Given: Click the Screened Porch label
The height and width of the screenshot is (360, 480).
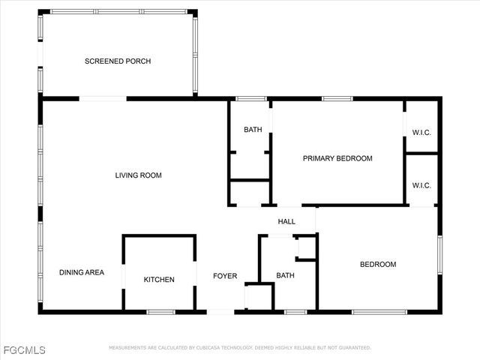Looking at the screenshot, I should tap(118, 61).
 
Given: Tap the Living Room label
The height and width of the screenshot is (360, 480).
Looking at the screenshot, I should tap(138, 175).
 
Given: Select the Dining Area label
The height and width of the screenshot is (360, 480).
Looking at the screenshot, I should tap(82, 272).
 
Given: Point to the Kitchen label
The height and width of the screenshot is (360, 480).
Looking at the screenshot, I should tap(159, 280).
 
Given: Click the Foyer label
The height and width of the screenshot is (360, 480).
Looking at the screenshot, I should tap(225, 276).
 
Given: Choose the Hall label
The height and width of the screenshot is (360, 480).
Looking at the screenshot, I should tap(286, 222).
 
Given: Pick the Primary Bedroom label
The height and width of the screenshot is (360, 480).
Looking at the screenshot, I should tap(337, 158).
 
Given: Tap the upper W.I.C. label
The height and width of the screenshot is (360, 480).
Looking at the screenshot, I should tap(421, 133).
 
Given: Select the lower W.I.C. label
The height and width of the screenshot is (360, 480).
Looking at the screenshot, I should tap(421, 184).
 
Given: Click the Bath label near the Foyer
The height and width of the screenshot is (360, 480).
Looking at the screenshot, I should tap(286, 275).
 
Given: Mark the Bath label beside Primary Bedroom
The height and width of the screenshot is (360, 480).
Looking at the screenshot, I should tap(253, 130).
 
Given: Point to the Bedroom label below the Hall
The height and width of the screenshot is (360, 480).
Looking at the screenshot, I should tap(378, 264).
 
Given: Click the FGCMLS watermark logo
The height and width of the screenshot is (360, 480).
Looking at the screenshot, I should tap(24, 350).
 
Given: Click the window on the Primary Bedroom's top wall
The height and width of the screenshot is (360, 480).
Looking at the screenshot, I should tap(337, 98).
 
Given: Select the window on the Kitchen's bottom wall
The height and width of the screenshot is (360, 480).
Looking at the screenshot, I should tap(160, 311).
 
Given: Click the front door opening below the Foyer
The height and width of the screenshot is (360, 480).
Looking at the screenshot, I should tap(220, 311).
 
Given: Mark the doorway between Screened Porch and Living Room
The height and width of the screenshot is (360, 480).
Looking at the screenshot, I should tap(103, 98).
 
